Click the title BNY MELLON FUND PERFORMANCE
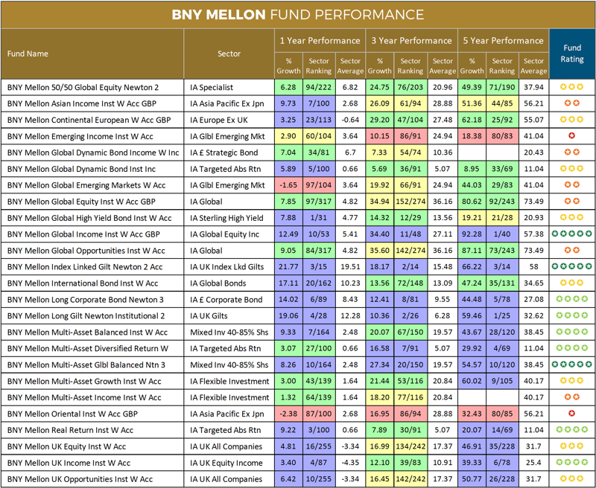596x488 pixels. tap(298, 15)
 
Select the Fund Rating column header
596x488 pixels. tap(571, 54)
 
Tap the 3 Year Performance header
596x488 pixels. tap(410, 40)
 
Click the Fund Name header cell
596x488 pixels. tap(28, 54)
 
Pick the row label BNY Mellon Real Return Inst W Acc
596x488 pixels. tap(70, 430)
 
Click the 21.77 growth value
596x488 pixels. tap(288, 266)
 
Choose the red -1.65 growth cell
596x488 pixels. tap(288, 185)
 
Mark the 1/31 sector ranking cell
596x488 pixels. tap(319, 218)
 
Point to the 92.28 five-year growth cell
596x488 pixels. tap(472, 234)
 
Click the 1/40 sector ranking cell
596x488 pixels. tap(502, 234)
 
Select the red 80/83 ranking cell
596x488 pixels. tap(502, 136)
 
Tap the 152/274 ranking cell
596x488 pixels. tap(410, 202)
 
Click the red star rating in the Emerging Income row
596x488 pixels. tap(571, 136)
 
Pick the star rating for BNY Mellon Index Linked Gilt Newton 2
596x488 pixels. tap(571, 266)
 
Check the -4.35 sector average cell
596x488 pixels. tap(349, 463)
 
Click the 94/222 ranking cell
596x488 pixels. tap(319, 87)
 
